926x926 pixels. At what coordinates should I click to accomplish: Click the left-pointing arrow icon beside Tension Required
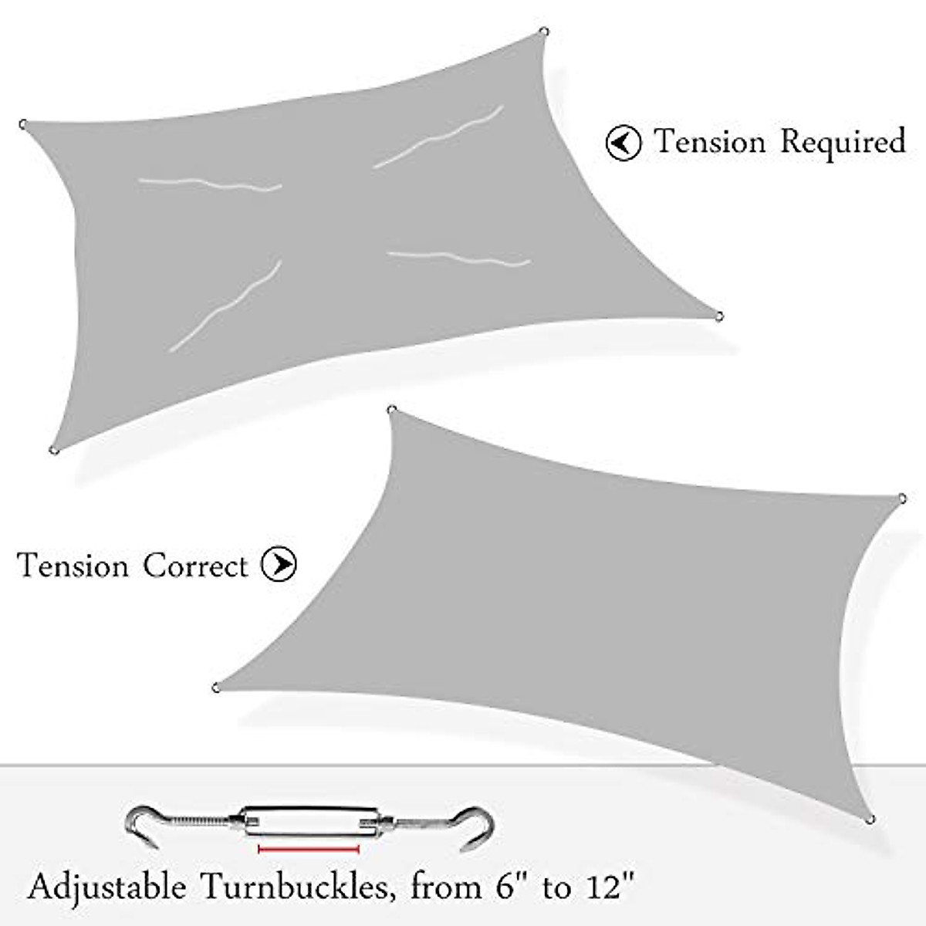[x=623, y=143]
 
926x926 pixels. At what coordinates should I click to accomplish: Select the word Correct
[x=195, y=566]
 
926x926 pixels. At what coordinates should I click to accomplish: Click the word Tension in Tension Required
[x=711, y=143]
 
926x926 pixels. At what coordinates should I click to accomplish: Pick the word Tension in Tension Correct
[x=73, y=566]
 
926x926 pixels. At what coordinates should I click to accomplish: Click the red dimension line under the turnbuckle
[x=309, y=849]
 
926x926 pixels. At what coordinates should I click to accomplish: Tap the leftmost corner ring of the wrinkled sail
[x=24, y=123]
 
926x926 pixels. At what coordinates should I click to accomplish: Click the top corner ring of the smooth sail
[x=391, y=410]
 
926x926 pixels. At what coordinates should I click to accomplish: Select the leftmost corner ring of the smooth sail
[x=217, y=686]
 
